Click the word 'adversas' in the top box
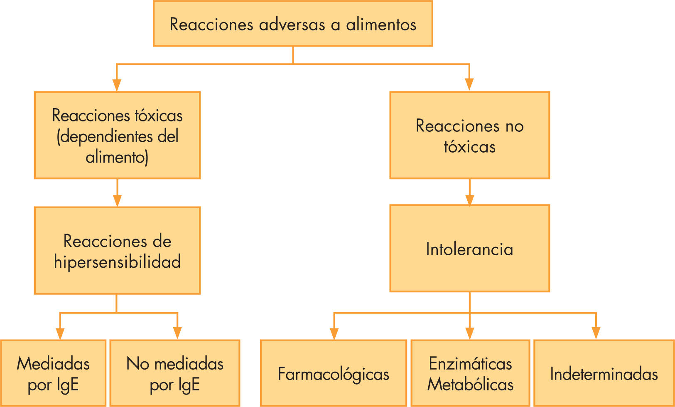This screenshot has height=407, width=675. tap(292, 25)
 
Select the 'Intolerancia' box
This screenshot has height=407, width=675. tap(469, 248)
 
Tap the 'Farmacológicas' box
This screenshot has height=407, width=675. tap(333, 373)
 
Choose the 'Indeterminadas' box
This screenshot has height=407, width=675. tap(604, 373)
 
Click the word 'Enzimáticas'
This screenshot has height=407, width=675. tap(470, 364)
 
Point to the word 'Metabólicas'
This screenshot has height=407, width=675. tap(470, 385)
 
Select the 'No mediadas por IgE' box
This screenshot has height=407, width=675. tap(175, 373)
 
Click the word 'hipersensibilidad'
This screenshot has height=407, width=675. tap(117, 262)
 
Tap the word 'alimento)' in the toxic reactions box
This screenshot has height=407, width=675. tap(117, 158)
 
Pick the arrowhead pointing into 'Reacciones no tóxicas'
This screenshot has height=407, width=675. tap(469, 84)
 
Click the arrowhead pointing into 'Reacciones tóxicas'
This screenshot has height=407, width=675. tap(117, 85)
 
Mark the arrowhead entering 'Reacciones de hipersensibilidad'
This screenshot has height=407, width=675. tap(117, 200)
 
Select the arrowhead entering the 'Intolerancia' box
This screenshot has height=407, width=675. tap(469, 200)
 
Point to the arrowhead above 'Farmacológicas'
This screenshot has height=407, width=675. tap(334, 333)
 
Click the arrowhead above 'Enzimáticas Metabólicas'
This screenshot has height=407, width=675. tap(470, 333)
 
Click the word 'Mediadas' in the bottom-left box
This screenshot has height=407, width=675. tap(53, 364)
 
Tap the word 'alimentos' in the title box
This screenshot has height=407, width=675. tap(381, 25)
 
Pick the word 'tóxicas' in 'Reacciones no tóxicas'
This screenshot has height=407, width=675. tap(469, 147)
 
